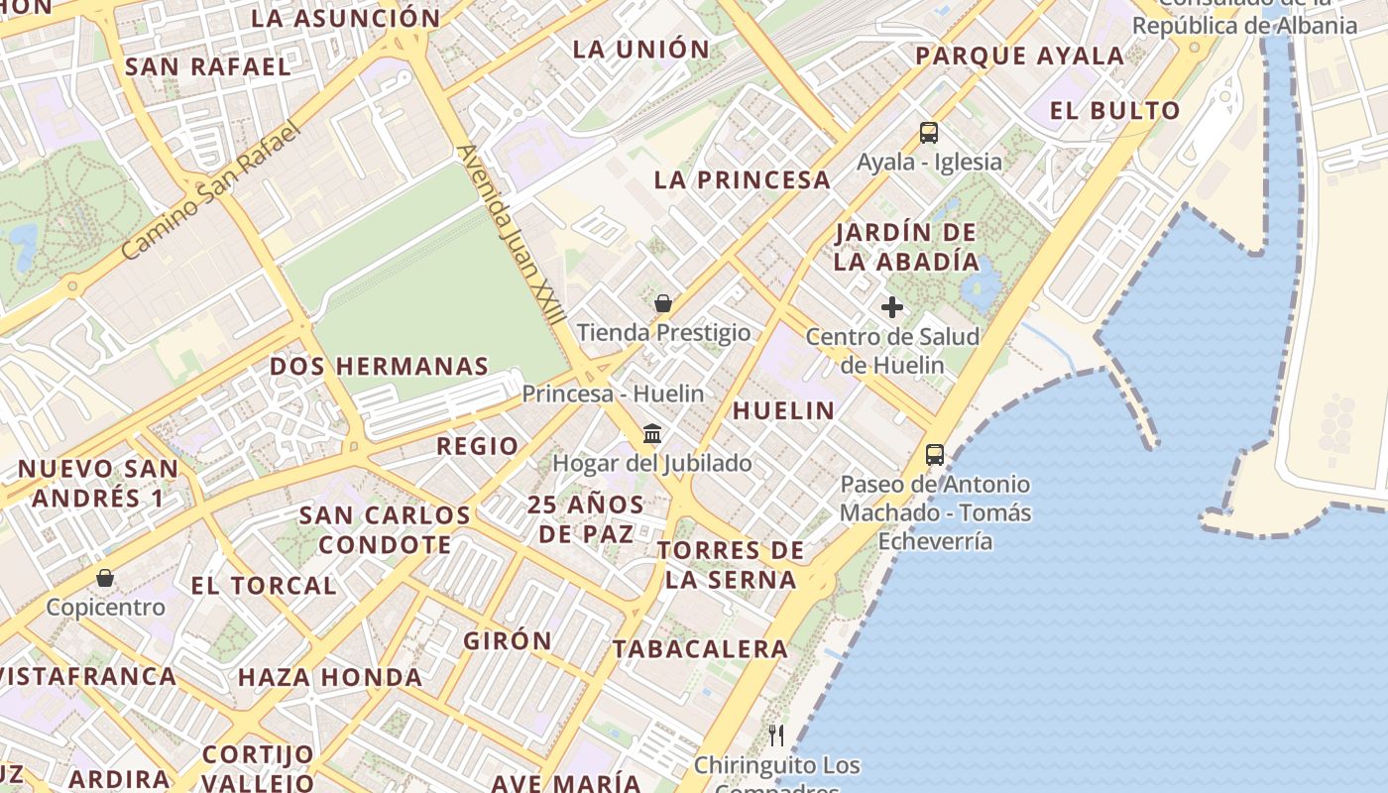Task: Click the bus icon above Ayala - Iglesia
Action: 928,133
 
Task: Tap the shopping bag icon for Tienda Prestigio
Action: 663,303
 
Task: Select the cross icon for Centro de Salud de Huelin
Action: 892,307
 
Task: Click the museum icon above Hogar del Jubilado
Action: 652,433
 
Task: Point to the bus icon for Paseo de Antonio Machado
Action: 935,455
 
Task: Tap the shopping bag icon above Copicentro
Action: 105,577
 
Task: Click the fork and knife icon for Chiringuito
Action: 776,736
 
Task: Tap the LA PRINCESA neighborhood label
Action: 742,180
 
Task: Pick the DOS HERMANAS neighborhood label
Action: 380,366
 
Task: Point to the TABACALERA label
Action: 700,649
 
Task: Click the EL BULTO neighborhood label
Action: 1115,110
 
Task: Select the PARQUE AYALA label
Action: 1019,57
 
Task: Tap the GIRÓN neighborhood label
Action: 508,640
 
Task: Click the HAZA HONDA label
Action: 330,678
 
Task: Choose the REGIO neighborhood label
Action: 478,446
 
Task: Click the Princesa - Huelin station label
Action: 613,394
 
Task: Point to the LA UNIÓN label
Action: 641,50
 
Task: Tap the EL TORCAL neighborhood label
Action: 264,585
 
